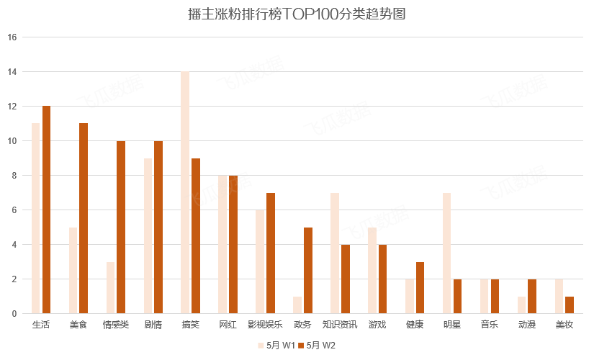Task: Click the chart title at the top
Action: (297, 14)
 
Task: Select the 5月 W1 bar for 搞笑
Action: (185, 193)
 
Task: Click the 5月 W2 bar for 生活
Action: (47, 210)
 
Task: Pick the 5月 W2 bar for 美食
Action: (84, 218)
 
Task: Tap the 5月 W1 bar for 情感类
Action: (110, 288)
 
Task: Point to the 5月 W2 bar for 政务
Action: (308, 271)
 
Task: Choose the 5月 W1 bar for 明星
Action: (446, 253)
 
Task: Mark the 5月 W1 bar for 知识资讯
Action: (335, 253)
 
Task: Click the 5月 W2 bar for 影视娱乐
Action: (271, 253)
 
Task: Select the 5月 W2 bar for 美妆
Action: (570, 305)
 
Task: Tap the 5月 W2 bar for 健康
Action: (420, 288)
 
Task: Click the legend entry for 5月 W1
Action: (276, 346)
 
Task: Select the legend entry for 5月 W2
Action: (317, 346)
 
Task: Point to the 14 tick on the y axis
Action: (12, 72)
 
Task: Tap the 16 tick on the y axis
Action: (12, 37)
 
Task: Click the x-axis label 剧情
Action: (153, 325)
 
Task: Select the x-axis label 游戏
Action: (377, 325)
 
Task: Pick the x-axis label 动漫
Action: (526, 325)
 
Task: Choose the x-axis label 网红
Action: (228, 325)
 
